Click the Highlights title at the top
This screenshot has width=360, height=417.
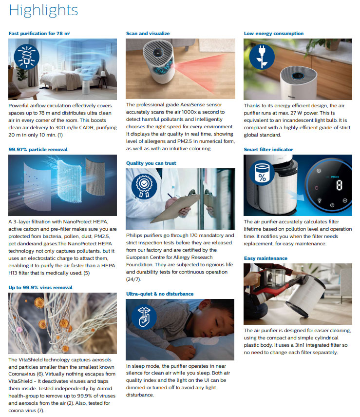[x=43, y=11]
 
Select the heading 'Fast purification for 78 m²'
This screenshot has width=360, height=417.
[x=39, y=34]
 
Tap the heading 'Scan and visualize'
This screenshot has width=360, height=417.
[x=148, y=34]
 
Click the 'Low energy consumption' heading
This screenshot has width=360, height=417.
[x=274, y=34]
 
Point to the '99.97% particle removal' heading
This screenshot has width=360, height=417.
[x=38, y=149]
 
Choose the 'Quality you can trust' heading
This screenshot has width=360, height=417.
[x=151, y=163]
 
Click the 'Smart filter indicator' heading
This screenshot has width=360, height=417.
[x=268, y=149]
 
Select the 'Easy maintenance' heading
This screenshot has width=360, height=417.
[x=265, y=258]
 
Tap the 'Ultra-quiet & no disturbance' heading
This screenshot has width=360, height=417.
[x=160, y=294]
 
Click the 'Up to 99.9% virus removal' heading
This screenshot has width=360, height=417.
[x=40, y=287]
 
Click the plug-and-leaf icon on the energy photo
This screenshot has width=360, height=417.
[x=262, y=57]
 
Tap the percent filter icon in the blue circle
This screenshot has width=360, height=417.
[x=262, y=173]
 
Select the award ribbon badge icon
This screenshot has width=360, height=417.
[x=144, y=186]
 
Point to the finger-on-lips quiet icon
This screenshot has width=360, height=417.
[x=144, y=317]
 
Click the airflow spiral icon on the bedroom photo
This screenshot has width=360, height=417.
[x=27, y=57]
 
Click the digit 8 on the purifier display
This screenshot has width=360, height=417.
[x=339, y=185]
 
